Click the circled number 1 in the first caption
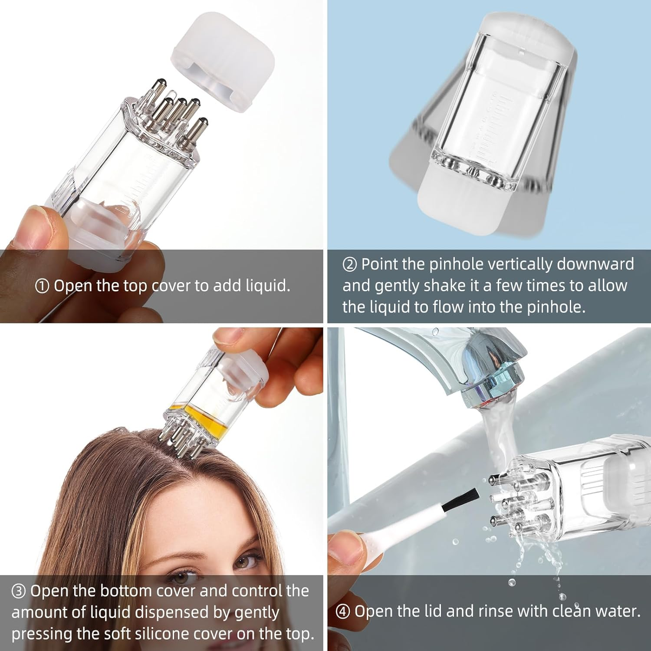click(x=42, y=286)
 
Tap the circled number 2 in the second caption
click(x=350, y=265)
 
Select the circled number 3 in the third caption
click(x=19, y=591)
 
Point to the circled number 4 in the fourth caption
click(x=343, y=612)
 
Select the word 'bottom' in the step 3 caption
click(x=125, y=591)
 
